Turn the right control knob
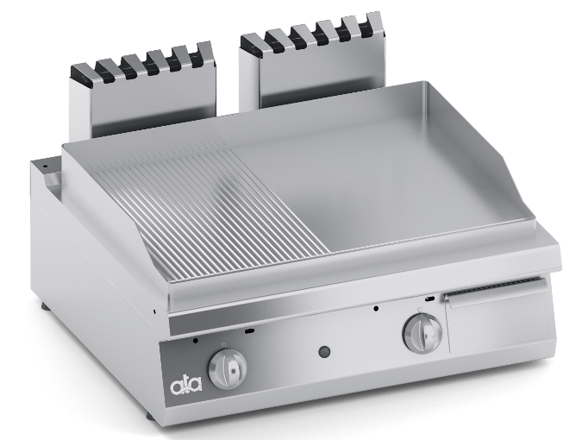pyautogui.click(x=422, y=333)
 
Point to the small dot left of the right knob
pyautogui.click(x=376, y=307)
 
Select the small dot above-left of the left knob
pyautogui.click(x=198, y=341)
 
